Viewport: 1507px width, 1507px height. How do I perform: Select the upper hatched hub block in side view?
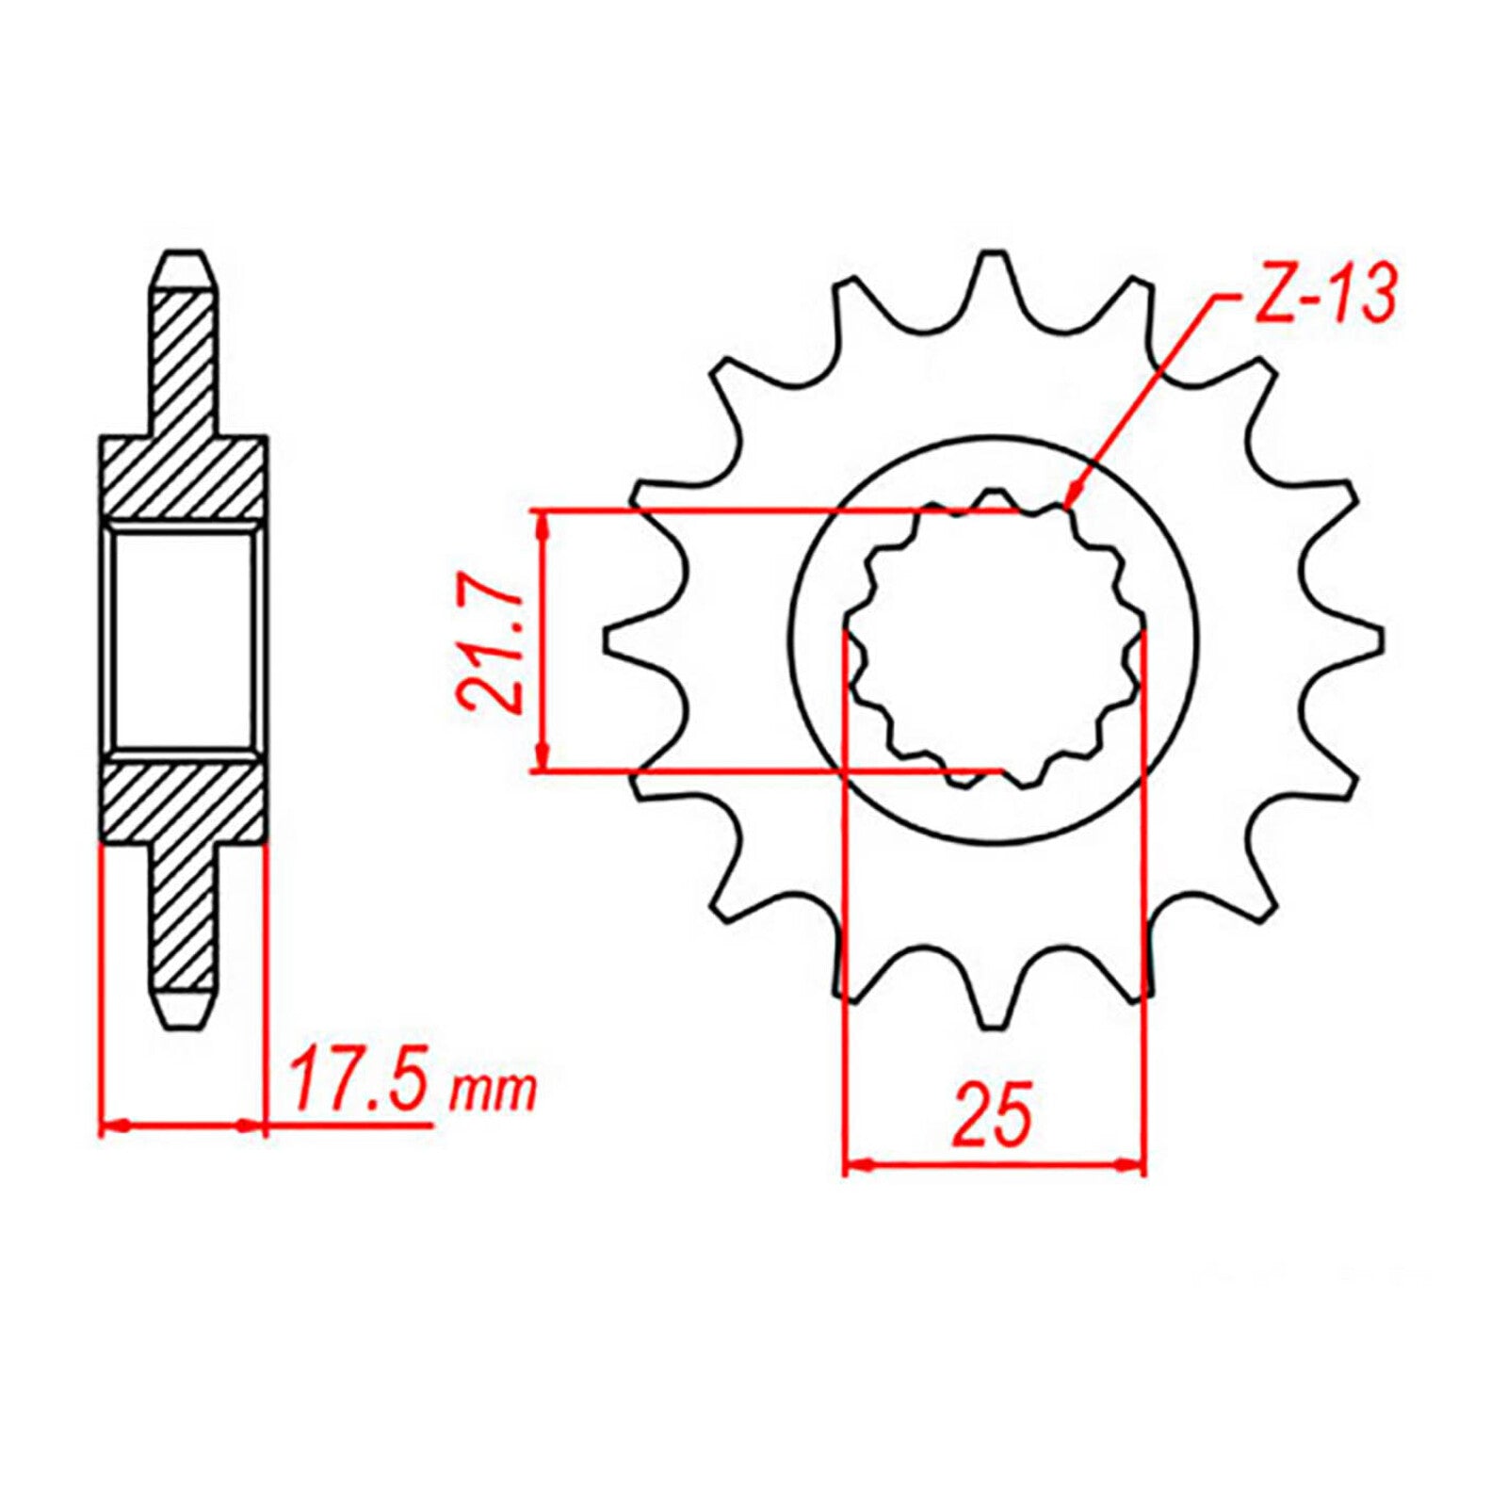click(184, 477)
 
